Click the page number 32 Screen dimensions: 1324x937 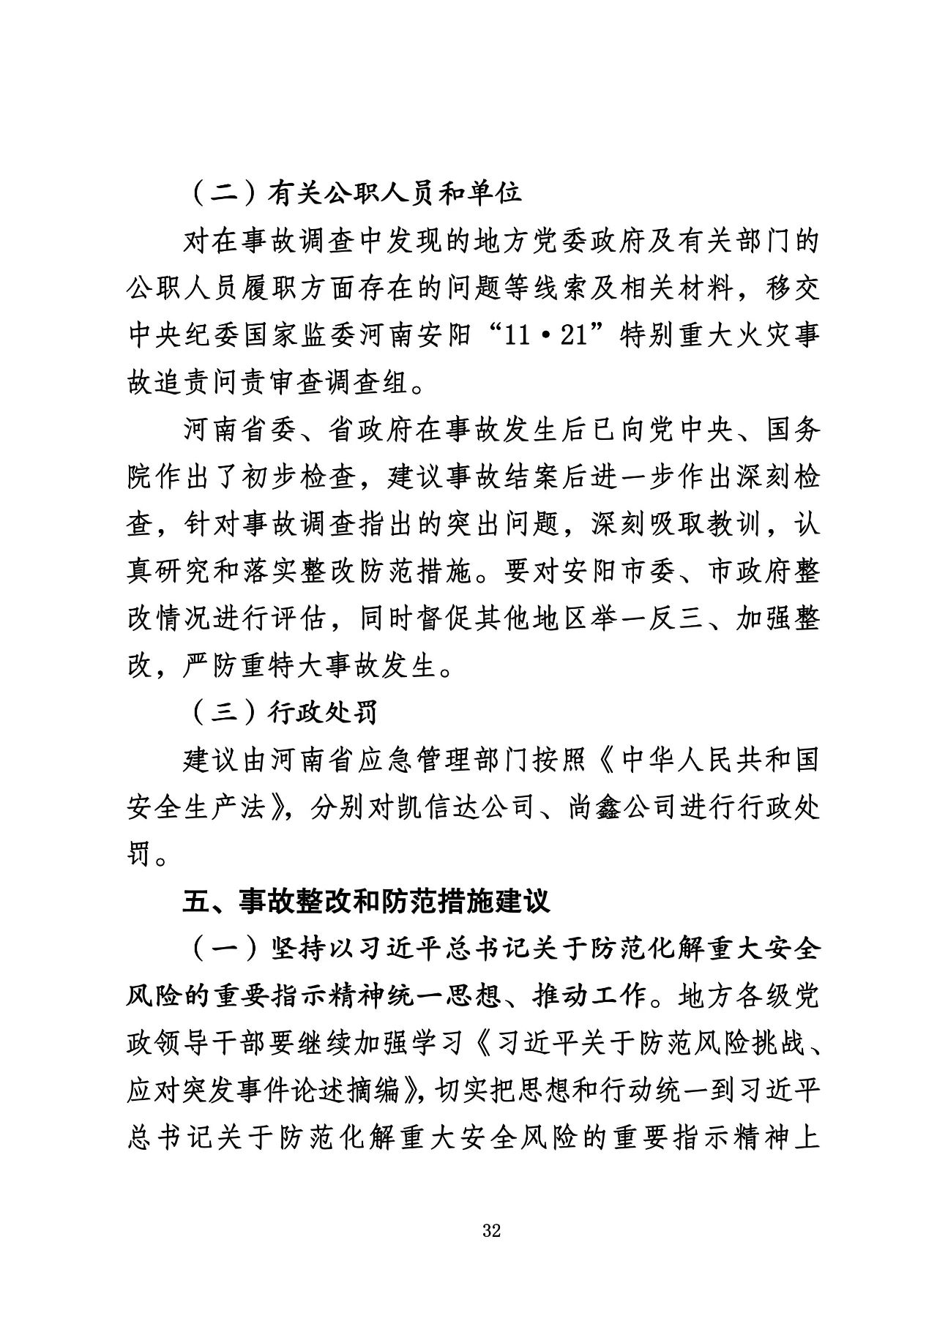point(491,1231)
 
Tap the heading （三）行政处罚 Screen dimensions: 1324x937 point(282,712)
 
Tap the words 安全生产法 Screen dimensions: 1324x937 point(212,807)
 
